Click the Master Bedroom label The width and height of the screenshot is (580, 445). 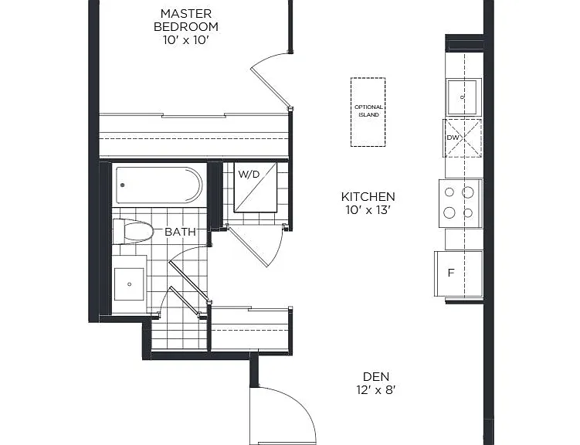(x=185, y=20)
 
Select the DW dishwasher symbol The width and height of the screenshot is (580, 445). (x=463, y=138)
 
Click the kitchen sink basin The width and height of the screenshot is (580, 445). (x=464, y=97)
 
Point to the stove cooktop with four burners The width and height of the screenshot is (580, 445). (x=460, y=203)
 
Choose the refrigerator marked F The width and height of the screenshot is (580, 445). (x=459, y=273)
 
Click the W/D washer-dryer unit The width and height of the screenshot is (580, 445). (x=255, y=187)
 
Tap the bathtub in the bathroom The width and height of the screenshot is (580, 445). (x=159, y=185)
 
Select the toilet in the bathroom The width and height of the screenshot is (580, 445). (x=133, y=232)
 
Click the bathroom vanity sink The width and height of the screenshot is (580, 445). (x=129, y=284)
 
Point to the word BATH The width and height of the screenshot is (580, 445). (x=180, y=232)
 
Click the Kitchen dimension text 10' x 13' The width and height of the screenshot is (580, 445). (x=368, y=210)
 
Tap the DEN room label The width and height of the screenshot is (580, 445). (x=376, y=376)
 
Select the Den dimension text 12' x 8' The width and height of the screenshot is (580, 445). (x=376, y=390)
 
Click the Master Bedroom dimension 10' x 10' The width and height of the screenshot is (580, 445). (x=186, y=40)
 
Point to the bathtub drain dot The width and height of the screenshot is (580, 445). (x=123, y=185)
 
